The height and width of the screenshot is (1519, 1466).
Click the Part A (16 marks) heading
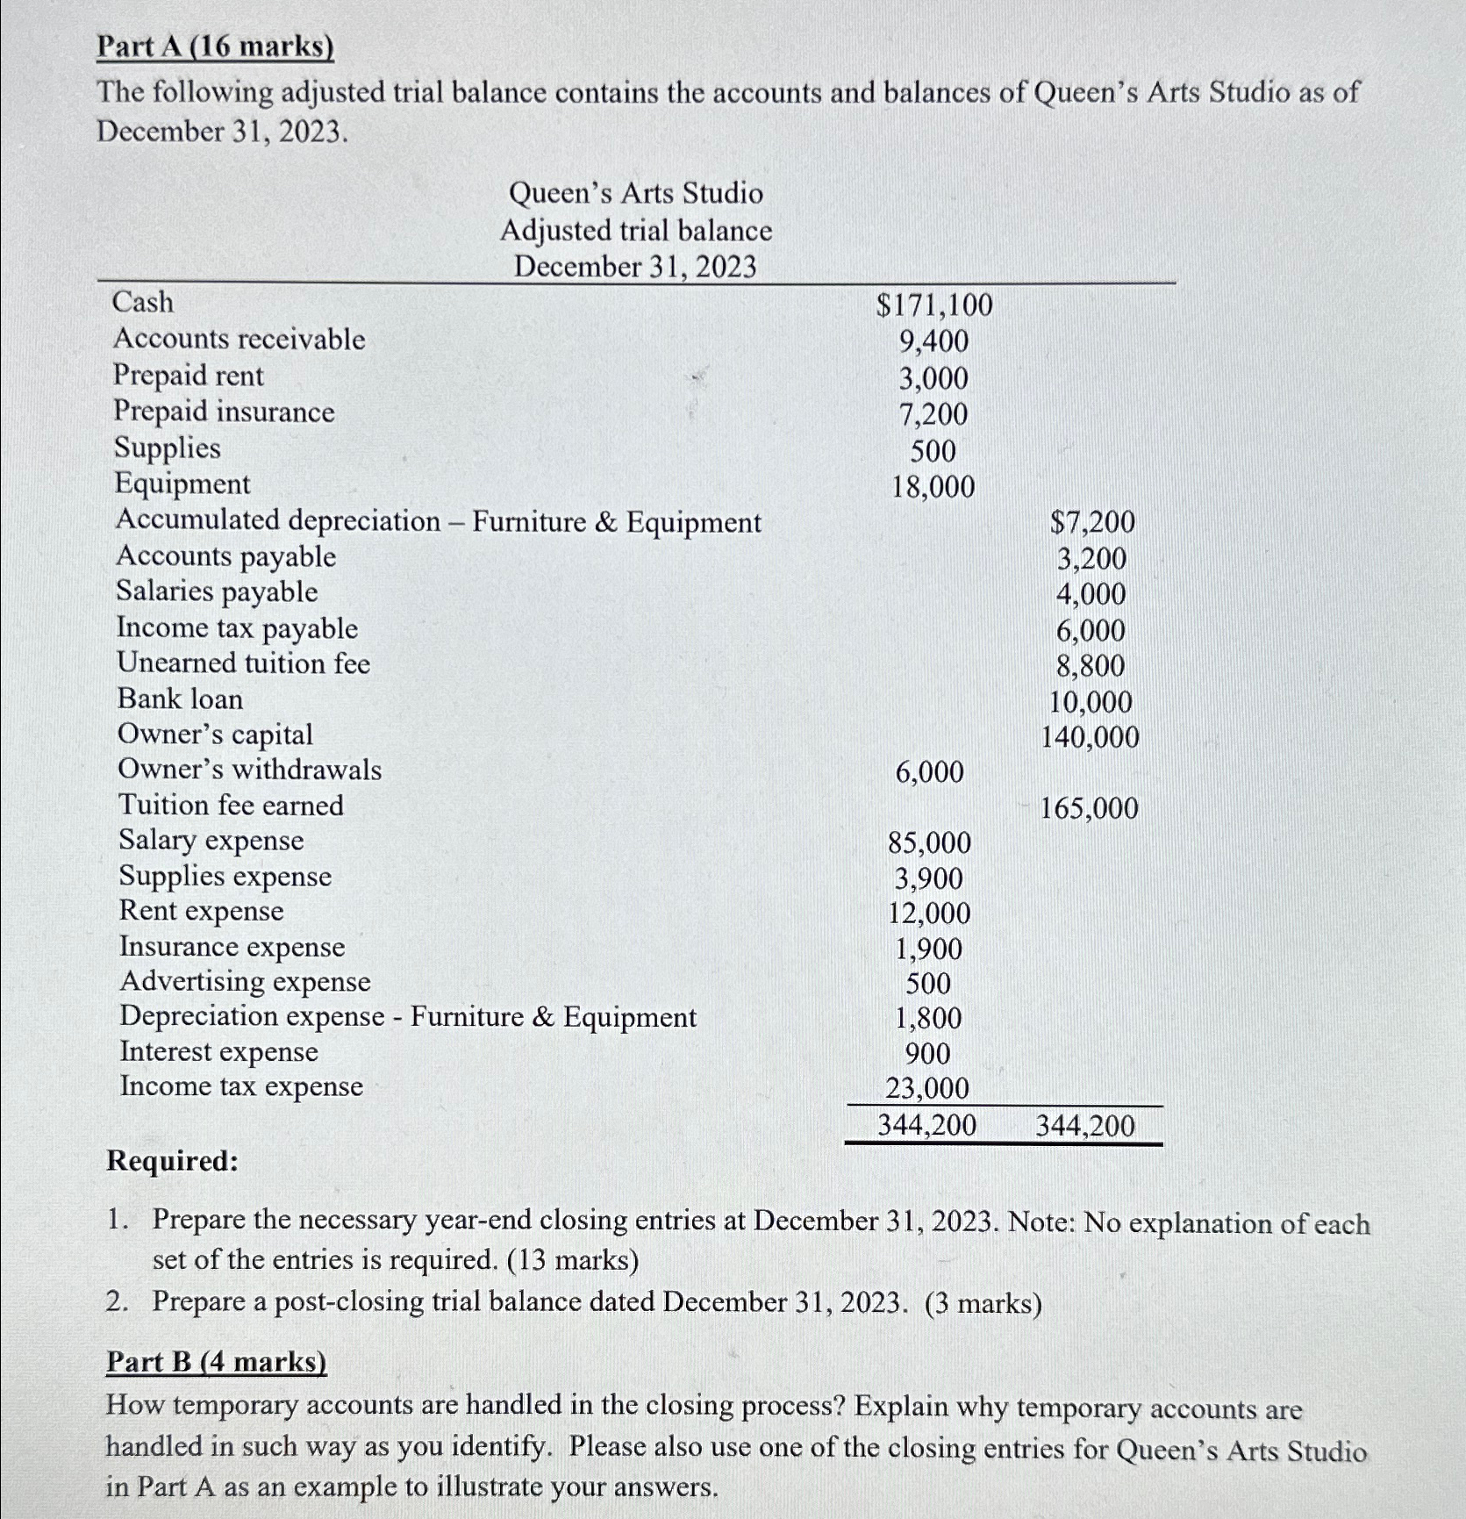tap(215, 47)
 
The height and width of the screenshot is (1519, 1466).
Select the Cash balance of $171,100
tap(934, 305)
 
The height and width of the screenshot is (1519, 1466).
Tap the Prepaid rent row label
tap(188, 376)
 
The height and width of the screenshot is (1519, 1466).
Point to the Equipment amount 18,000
tap(933, 487)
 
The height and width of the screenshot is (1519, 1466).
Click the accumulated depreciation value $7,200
tap(1092, 522)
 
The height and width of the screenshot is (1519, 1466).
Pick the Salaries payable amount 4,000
tap(1091, 594)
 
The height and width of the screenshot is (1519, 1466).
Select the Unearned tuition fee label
tap(243, 663)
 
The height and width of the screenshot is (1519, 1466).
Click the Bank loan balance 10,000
tap(1091, 702)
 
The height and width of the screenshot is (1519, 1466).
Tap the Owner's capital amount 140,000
tap(1090, 737)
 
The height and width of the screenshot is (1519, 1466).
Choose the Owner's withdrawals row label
tap(249, 770)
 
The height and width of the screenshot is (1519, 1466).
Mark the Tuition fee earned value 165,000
tap(1089, 808)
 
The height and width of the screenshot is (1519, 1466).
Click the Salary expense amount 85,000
tap(929, 843)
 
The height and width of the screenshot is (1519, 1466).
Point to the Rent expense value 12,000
tap(929, 914)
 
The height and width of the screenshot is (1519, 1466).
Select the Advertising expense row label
tap(245, 981)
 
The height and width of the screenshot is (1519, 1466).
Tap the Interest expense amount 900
tap(927, 1054)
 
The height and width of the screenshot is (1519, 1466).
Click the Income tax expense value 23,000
tap(927, 1089)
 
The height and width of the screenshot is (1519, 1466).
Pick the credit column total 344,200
tap(1085, 1126)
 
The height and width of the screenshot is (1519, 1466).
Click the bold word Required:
tap(172, 1161)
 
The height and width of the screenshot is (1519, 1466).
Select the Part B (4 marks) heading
tap(216, 1361)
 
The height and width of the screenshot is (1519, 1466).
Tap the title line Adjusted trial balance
tap(636, 231)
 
